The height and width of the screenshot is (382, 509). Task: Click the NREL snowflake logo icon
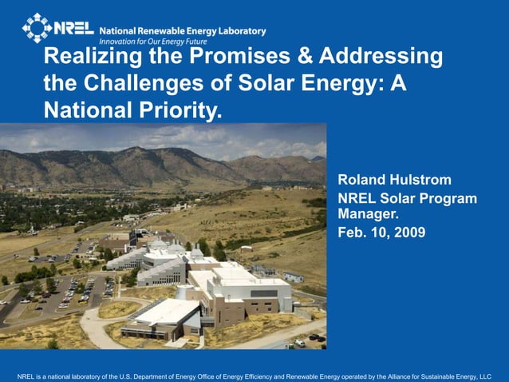tap(36, 27)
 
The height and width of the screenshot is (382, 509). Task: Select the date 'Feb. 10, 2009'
tap(381, 233)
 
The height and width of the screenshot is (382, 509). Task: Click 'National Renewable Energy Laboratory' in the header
tap(182, 30)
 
